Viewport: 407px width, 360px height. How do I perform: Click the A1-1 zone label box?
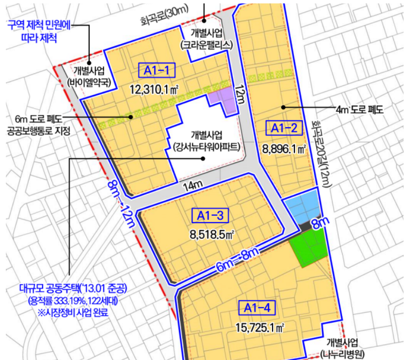(x=157, y=71)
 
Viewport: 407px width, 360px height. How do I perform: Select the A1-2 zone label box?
(x=284, y=129)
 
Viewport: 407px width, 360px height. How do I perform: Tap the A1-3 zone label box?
(x=211, y=215)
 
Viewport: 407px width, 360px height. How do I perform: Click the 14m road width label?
(x=193, y=185)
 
